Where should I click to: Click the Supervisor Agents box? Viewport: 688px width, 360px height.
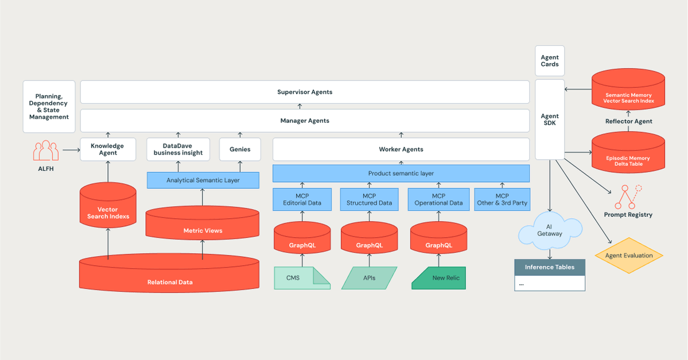[x=305, y=92]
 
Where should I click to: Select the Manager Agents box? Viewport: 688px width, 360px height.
[x=305, y=121]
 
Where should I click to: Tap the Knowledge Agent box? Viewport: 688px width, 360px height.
[x=108, y=149]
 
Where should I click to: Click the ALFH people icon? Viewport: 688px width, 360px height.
[x=46, y=150]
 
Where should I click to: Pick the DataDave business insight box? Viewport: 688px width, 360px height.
[x=178, y=149]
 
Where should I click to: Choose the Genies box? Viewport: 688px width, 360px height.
[x=240, y=149]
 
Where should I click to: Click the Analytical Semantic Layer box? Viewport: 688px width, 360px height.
[x=203, y=180]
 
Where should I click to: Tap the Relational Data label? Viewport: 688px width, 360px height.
[x=170, y=282]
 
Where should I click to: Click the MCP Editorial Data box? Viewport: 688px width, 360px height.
[x=302, y=199]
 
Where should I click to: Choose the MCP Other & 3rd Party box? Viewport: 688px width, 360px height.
[x=502, y=199]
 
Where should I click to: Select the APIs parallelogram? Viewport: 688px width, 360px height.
[x=369, y=278]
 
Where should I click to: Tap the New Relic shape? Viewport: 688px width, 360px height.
[x=439, y=278]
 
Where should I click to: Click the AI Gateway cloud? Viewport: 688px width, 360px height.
[x=550, y=230]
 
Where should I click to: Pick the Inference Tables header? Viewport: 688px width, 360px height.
[x=549, y=267]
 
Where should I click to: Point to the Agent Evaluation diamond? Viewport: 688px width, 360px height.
[x=629, y=256]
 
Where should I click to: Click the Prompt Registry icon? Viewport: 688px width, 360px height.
[x=628, y=198]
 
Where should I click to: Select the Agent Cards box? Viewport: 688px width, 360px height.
[x=550, y=61]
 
